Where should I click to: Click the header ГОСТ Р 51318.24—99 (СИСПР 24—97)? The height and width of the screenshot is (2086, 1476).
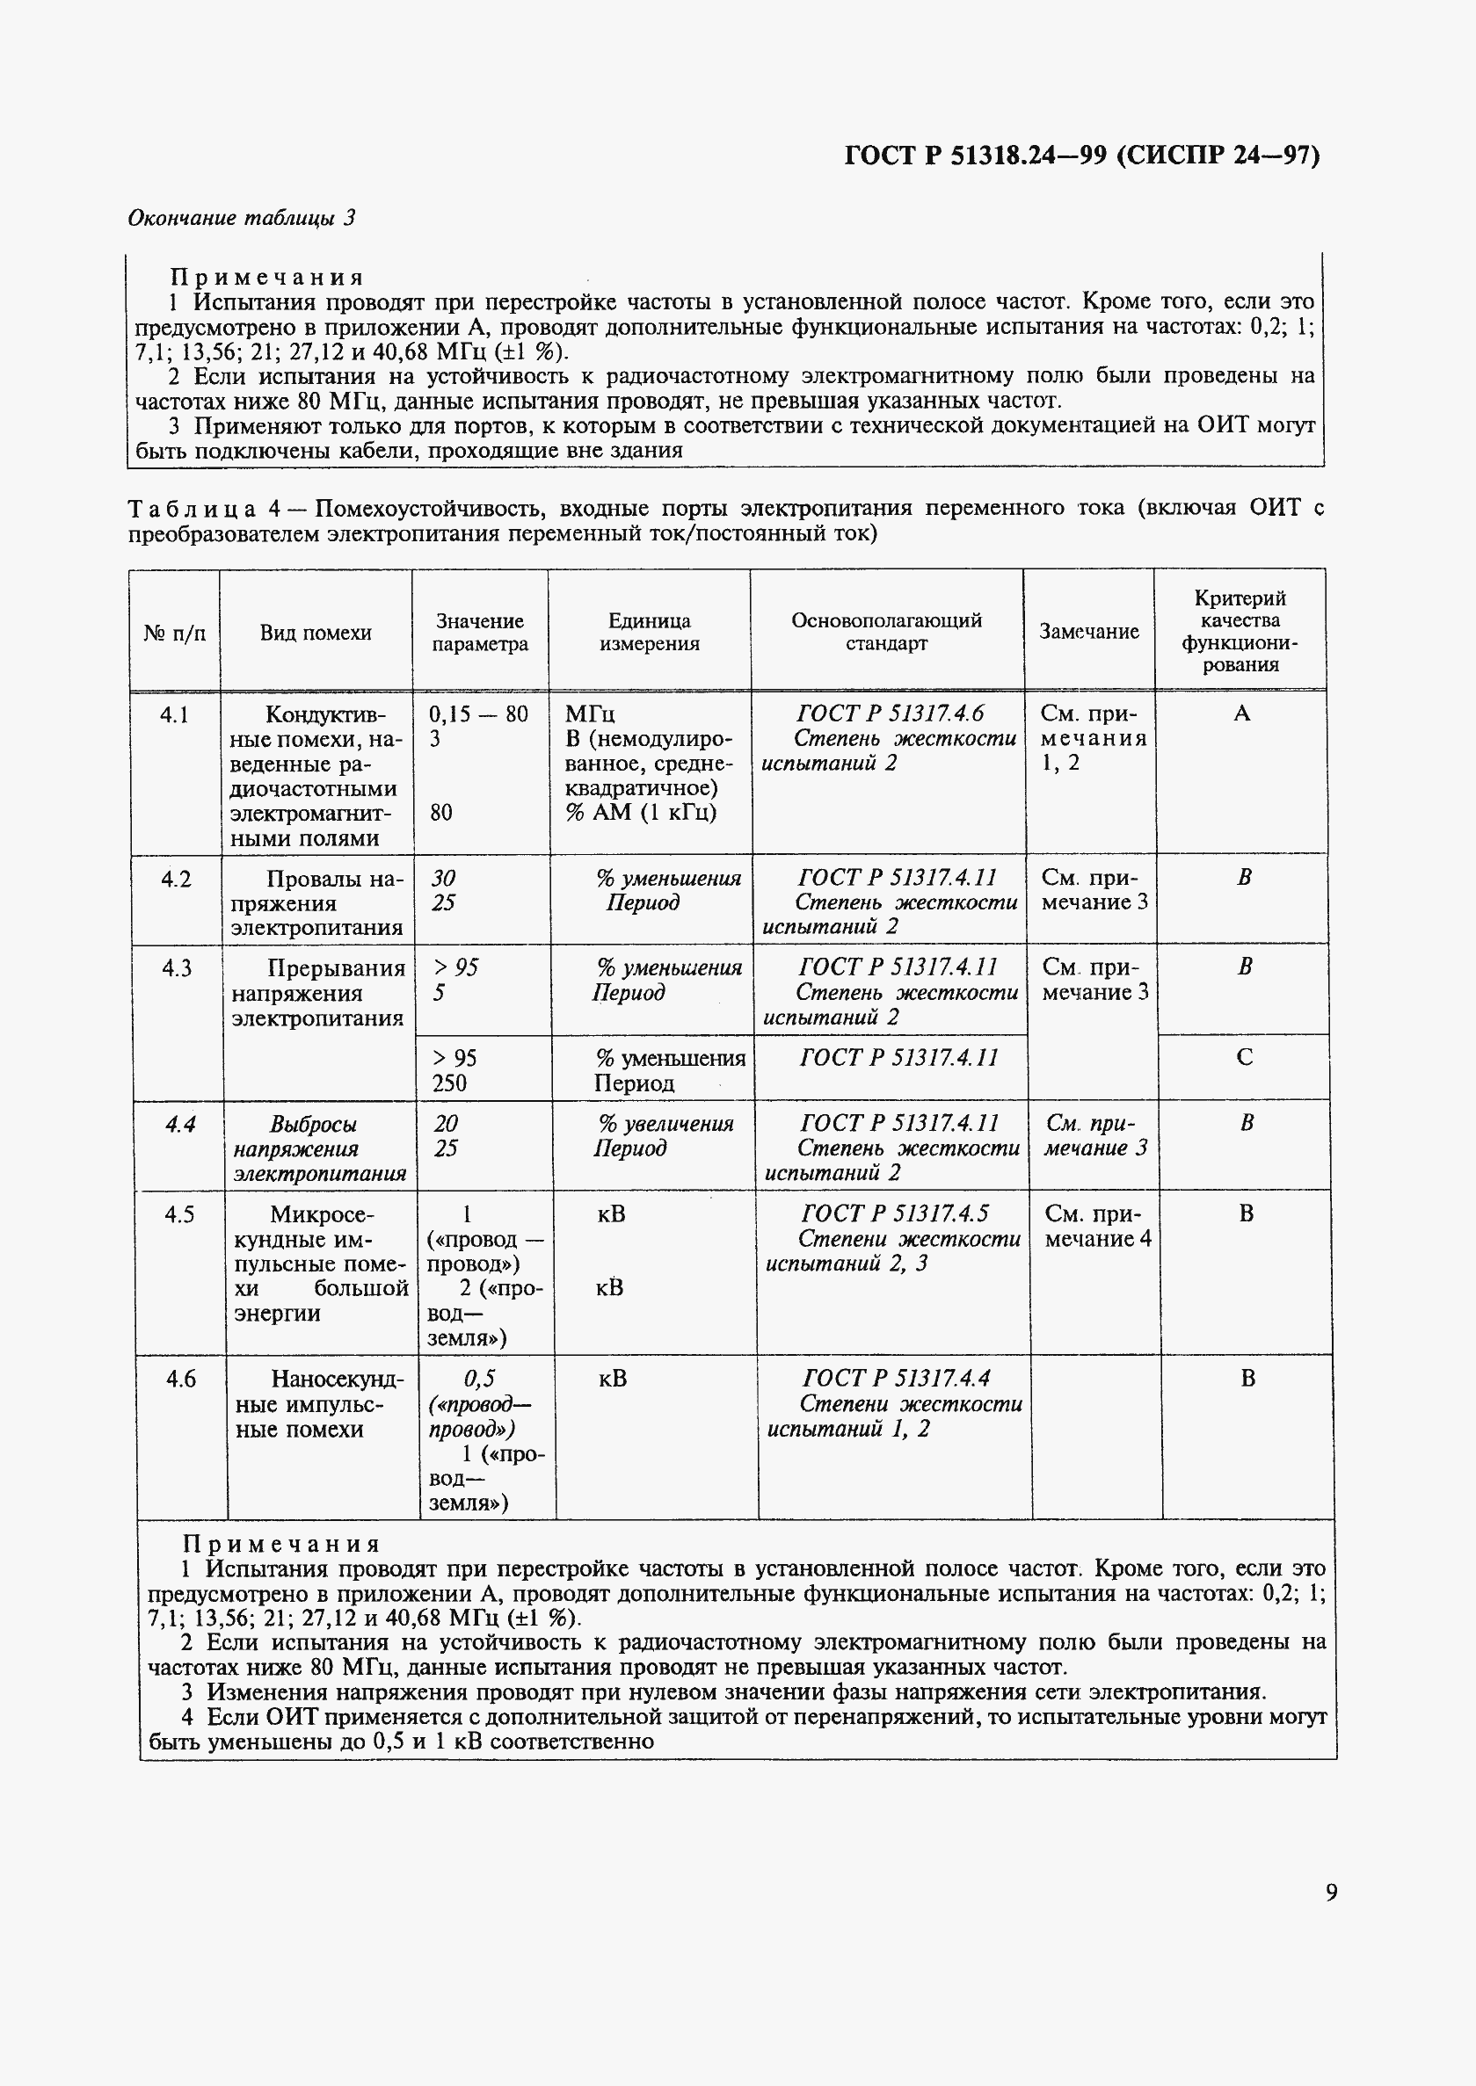[x=1081, y=156]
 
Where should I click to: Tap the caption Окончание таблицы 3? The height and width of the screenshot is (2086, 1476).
[x=241, y=218]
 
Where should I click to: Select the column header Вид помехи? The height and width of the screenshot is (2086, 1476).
[x=316, y=633]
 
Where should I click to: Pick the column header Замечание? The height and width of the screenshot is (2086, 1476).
[x=1088, y=632]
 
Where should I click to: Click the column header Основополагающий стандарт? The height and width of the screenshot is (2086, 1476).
[x=885, y=632]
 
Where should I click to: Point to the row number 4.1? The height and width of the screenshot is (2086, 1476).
[x=175, y=714]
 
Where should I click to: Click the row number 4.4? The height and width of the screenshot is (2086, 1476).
[x=180, y=1124]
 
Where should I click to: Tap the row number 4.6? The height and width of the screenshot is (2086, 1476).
[x=181, y=1379]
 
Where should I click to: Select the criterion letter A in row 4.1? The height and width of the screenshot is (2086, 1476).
[x=1240, y=713]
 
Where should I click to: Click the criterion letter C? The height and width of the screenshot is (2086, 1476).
[x=1244, y=1057]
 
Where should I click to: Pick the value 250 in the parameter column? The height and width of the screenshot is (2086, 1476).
[x=449, y=1083]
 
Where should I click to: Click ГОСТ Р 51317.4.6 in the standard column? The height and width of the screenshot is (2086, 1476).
[x=890, y=713]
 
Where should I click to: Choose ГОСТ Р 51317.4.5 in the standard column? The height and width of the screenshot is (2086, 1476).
[x=894, y=1213]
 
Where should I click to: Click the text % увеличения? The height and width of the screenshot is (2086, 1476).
[x=665, y=1124]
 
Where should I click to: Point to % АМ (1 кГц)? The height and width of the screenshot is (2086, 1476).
[x=641, y=812]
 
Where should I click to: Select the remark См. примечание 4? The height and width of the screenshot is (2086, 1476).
[x=1097, y=1226]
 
